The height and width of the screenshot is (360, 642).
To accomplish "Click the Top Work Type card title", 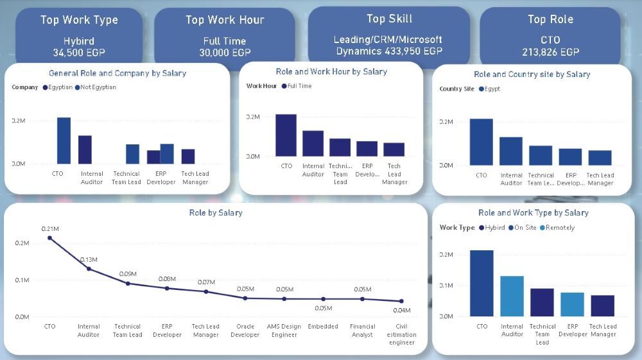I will point(79,20).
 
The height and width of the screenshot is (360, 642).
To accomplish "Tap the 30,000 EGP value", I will point(224,53).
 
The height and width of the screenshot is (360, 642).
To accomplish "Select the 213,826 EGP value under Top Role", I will point(550,51).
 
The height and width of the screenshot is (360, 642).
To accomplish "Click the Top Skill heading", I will point(389,19).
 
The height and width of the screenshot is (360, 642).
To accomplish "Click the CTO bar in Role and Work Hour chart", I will point(286,135).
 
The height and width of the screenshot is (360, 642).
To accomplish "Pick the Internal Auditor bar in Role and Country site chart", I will point(511,151).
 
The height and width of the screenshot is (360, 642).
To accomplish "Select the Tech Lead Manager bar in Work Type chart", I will point(603,305).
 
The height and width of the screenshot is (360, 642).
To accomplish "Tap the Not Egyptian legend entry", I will point(98,87).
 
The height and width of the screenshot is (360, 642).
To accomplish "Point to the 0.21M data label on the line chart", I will point(50,229).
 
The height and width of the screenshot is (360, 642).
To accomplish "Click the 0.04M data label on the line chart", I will point(402,311).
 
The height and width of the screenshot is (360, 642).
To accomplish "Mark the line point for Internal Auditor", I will point(89,269).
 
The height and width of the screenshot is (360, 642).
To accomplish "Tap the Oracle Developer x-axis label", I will point(245,330).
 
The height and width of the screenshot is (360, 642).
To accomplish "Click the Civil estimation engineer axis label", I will point(402,334).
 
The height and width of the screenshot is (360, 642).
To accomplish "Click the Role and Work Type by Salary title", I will point(533,212).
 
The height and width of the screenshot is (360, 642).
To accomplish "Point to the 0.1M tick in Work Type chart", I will point(446,285).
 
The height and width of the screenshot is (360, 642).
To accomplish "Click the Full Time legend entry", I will point(299,86).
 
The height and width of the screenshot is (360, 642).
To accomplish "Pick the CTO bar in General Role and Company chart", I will point(64,141).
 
